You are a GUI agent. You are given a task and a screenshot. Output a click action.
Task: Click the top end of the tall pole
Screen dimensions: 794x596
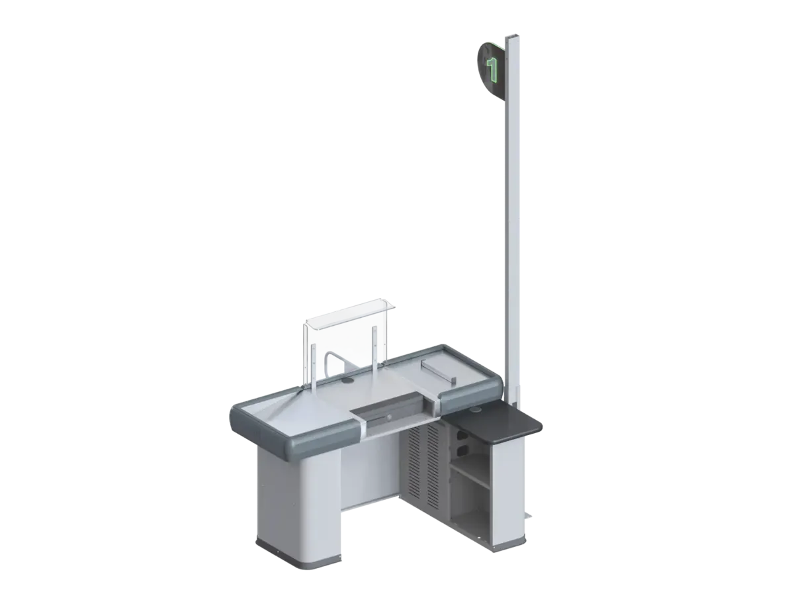(513, 36)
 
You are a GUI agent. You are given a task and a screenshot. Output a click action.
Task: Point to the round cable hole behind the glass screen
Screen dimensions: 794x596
(348, 380)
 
